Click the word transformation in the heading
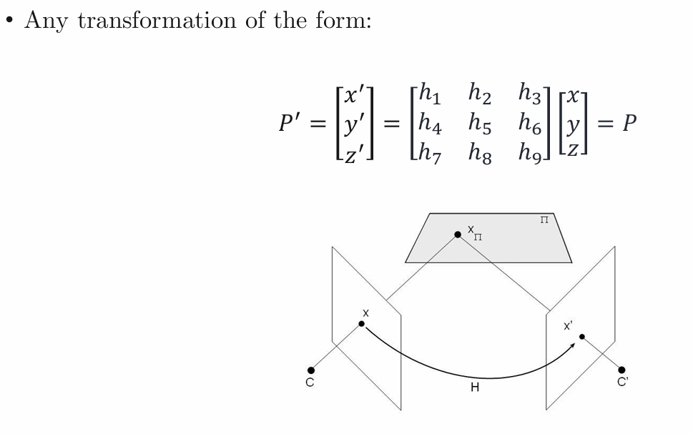click(157, 20)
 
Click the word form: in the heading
click(343, 20)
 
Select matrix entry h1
click(430, 93)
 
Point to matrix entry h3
click(530, 93)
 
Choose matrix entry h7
click(430, 152)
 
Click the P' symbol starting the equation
click(290, 122)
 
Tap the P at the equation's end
click(629, 123)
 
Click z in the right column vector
click(573, 150)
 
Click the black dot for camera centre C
click(311, 370)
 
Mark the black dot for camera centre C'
click(622, 370)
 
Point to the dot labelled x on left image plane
click(362, 324)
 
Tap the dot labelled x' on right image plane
click(582, 337)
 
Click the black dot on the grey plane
click(458, 235)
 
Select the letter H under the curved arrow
click(475, 388)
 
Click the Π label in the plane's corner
click(544, 220)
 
